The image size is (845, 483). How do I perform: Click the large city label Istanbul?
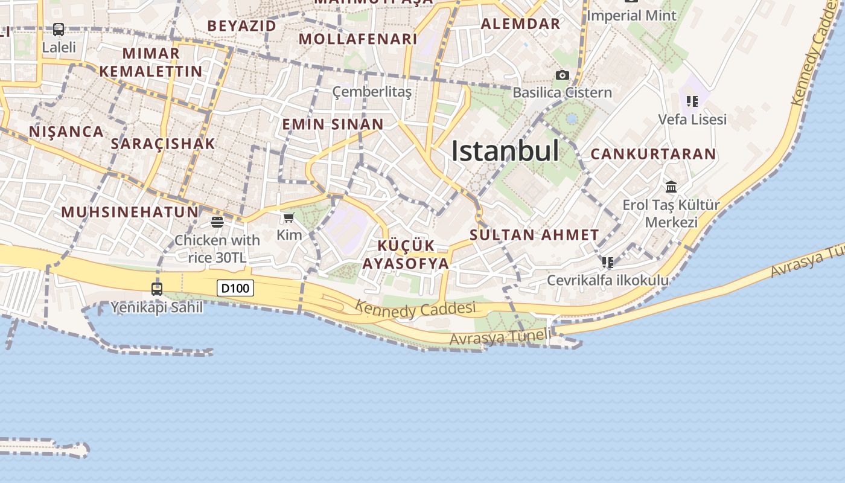pyautogui.click(x=505, y=151)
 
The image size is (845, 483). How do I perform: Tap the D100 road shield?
pyautogui.click(x=235, y=288)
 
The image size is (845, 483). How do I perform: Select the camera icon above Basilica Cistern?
pyautogui.click(x=562, y=75)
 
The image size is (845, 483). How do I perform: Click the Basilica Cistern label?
pyautogui.click(x=562, y=92)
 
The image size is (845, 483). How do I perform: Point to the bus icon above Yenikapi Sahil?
pyautogui.click(x=157, y=289)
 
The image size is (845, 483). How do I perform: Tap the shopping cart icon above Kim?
pyautogui.click(x=289, y=217)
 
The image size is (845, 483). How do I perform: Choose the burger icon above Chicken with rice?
pyautogui.click(x=217, y=222)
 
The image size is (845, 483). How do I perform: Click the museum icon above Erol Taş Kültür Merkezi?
pyautogui.click(x=671, y=187)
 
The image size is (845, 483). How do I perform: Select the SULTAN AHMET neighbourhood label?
pyautogui.click(x=534, y=235)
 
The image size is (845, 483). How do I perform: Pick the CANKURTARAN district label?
pyautogui.click(x=653, y=154)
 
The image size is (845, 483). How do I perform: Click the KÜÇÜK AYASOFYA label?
pyautogui.click(x=406, y=255)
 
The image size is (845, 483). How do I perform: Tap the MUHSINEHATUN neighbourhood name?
pyautogui.click(x=130, y=212)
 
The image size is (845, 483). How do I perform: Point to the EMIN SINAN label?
pyautogui.click(x=333, y=124)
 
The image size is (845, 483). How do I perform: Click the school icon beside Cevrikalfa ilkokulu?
pyautogui.click(x=608, y=263)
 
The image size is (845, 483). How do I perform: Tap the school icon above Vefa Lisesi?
pyautogui.click(x=692, y=101)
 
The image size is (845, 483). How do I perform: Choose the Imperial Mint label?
pyautogui.click(x=631, y=15)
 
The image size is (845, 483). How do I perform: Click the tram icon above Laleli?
pyautogui.click(x=59, y=29)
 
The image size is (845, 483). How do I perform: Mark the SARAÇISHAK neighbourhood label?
pyautogui.click(x=163, y=144)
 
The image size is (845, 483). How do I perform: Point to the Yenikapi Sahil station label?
pyautogui.click(x=157, y=307)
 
